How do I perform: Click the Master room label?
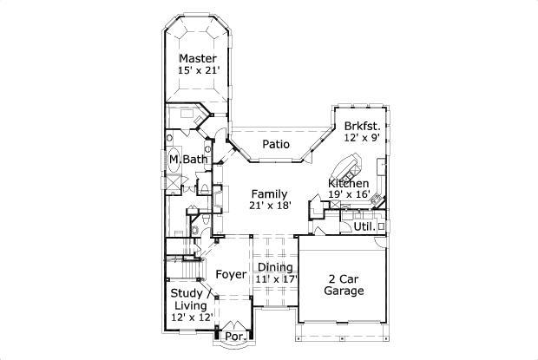(x=198, y=58)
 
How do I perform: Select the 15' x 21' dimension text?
(x=198, y=70)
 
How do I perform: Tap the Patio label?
(x=275, y=144)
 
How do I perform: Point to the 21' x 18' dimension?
(x=270, y=205)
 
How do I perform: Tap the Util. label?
(x=364, y=226)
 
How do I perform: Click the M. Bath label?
(x=188, y=160)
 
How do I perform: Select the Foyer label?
(x=231, y=275)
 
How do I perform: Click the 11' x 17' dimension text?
(x=277, y=279)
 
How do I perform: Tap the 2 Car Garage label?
(x=344, y=285)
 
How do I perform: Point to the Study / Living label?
(x=188, y=299)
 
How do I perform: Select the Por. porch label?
(x=233, y=337)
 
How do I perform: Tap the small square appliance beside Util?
(x=380, y=226)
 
